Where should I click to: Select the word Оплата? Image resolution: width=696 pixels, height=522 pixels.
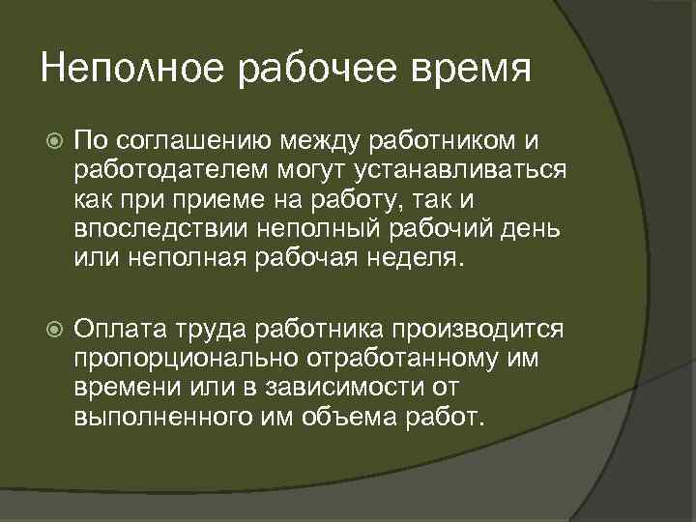(x=120, y=331)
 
